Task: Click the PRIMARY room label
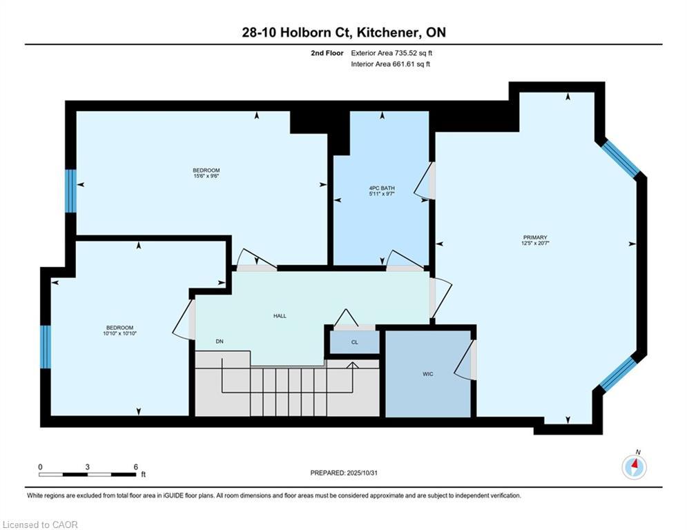[x=535, y=237]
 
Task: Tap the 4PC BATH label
[x=382, y=188]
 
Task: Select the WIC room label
[x=428, y=373]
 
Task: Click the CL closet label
[x=354, y=342]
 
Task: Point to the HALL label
[x=280, y=316]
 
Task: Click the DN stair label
[x=220, y=341]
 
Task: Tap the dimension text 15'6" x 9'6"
[x=206, y=176]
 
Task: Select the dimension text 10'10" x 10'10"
[x=119, y=333]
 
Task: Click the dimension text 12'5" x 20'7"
[x=535, y=243]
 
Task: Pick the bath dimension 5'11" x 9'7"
[x=382, y=194]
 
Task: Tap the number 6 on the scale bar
[x=136, y=467]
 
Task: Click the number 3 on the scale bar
[x=88, y=467]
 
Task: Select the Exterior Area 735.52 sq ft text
[x=391, y=53]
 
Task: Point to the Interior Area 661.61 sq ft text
[x=390, y=64]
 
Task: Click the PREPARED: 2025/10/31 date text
[x=344, y=473]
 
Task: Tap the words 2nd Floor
[x=327, y=53]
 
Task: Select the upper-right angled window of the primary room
[x=619, y=159]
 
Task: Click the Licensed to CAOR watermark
[x=40, y=524]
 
